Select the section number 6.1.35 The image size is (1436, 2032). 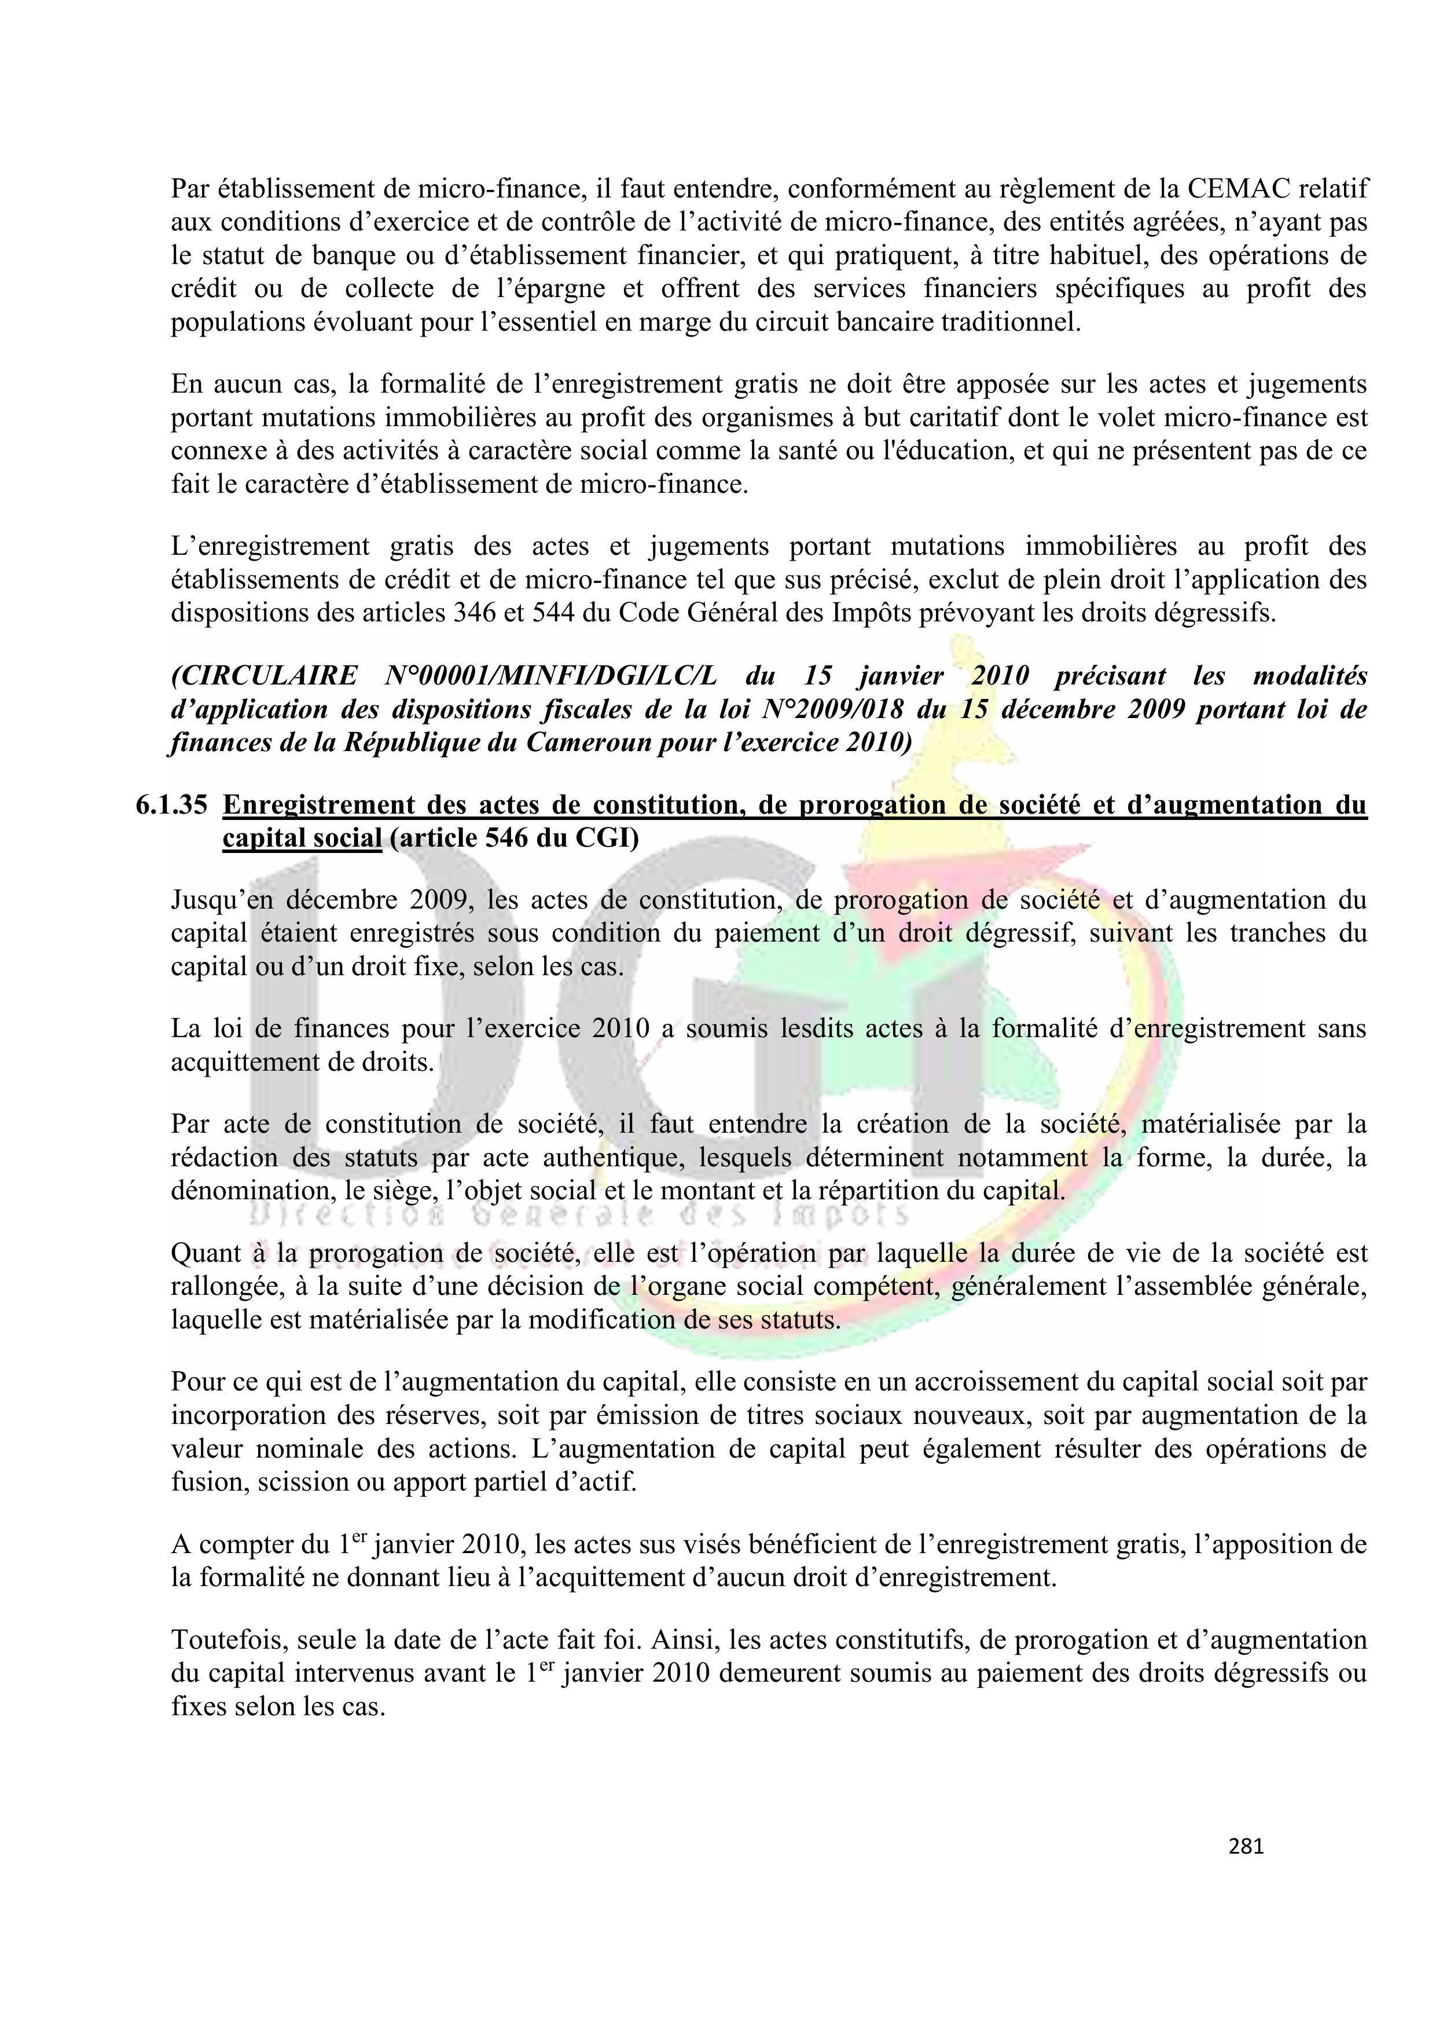coord(172,804)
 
